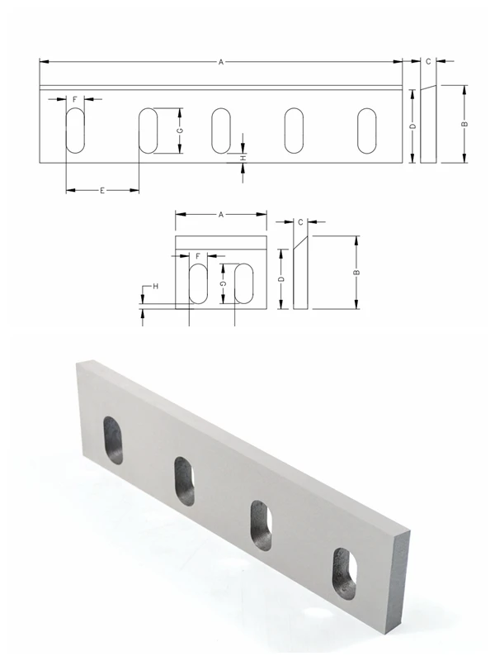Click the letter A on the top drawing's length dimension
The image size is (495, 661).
(x=220, y=62)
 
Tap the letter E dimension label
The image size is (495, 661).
(x=101, y=191)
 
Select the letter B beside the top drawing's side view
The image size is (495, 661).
(x=464, y=124)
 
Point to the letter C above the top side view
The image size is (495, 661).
(x=428, y=62)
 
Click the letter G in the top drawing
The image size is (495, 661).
(x=179, y=131)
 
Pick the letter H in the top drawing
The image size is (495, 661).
(x=243, y=158)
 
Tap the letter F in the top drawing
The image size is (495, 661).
(x=75, y=99)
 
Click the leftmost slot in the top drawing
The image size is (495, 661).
(x=75, y=131)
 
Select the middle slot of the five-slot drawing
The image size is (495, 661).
(x=221, y=131)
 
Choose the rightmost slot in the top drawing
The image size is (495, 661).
(x=366, y=131)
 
